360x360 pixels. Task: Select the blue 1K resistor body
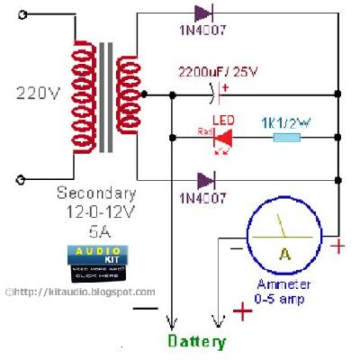[287, 138]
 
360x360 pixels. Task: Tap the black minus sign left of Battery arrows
[143, 309]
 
